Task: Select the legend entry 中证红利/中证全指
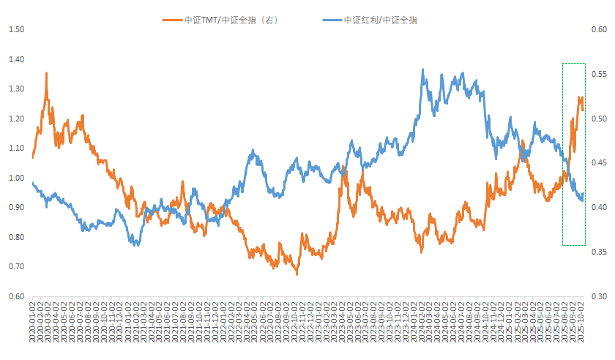click(381, 20)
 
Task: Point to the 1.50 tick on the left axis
click(16, 29)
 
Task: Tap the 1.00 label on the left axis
click(16, 178)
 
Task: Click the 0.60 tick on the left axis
click(16, 297)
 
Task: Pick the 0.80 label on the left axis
click(16, 238)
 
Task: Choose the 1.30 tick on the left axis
click(16, 89)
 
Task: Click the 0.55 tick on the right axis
click(598, 75)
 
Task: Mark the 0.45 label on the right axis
click(598, 163)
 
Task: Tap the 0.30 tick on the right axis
click(598, 297)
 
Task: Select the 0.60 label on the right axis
click(598, 30)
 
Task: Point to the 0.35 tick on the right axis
click(598, 252)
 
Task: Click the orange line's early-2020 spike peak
click(47, 73)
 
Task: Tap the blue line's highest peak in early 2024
click(422, 70)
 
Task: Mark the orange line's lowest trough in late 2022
click(297, 274)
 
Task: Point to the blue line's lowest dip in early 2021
click(136, 244)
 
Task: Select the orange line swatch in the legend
click(173, 20)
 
